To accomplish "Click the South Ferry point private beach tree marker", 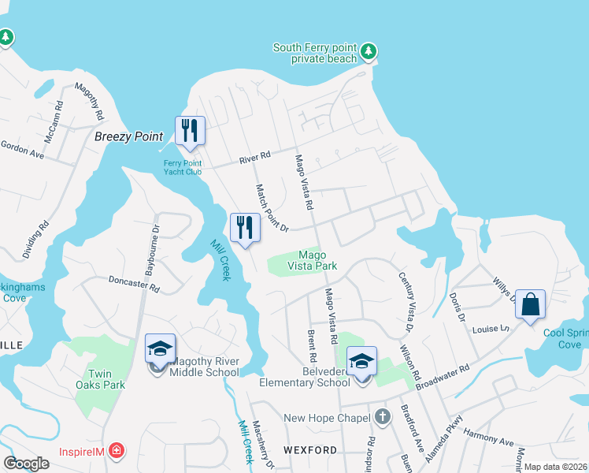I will coord(369,53).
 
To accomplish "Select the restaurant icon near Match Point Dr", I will coord(245,227).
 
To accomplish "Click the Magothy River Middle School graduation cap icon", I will coord(160,348).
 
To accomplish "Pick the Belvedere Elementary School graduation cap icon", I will coord(361,361).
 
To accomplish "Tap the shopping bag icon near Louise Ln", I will coord(531,304).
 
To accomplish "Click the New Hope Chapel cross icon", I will coord(383,417).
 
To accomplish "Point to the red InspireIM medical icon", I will coord(117,451).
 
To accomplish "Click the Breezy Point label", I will coord(128,136).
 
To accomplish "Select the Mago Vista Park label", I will coord(317,260).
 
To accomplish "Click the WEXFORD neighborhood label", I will coord(310,450).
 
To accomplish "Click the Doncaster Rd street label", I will coord(134,284).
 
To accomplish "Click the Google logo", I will coord(26,464).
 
